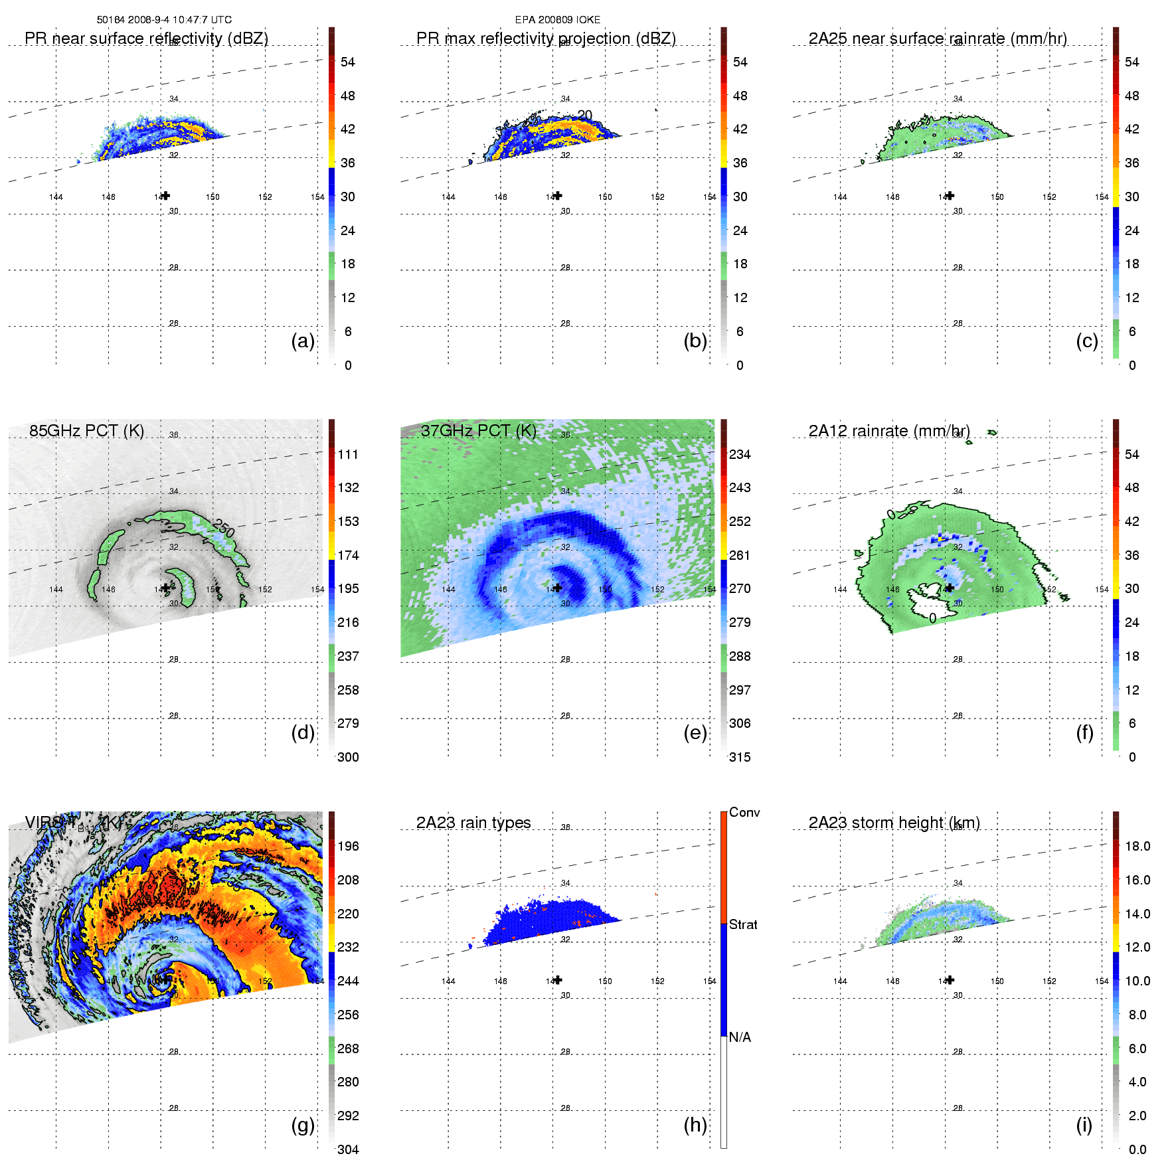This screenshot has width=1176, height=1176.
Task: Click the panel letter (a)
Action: [303, 341]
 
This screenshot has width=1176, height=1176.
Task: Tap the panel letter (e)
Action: [695, 733]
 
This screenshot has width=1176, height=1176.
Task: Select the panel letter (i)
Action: [1084, 1125]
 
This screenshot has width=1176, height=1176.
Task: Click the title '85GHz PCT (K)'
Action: [86, 430]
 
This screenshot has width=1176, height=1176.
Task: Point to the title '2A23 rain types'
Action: [473, 823]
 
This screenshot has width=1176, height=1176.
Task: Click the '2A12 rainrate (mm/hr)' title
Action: [889, 431]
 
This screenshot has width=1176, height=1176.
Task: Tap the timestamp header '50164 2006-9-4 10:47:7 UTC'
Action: [164, 20]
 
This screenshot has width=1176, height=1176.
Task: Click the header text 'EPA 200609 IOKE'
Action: [557, 20]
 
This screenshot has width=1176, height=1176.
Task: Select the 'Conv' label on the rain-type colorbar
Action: [744, 812]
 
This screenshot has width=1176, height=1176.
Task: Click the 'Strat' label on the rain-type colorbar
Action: [743, 924]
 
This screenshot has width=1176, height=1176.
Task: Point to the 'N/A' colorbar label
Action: [740, 1037]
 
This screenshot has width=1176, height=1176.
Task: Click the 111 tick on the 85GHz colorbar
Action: [348, 454]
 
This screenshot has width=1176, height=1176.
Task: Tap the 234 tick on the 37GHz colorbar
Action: [740, 454]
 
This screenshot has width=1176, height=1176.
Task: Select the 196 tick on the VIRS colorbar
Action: [348, 846]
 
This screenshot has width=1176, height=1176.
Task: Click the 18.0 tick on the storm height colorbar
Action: [1137, 846]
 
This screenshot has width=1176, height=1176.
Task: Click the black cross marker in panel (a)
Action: [166, 195]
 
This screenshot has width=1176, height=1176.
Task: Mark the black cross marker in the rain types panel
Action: [558, 979]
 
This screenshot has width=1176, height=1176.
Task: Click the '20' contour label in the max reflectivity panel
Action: [584, 116]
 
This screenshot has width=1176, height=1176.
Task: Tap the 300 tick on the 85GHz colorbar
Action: [348, 757]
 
